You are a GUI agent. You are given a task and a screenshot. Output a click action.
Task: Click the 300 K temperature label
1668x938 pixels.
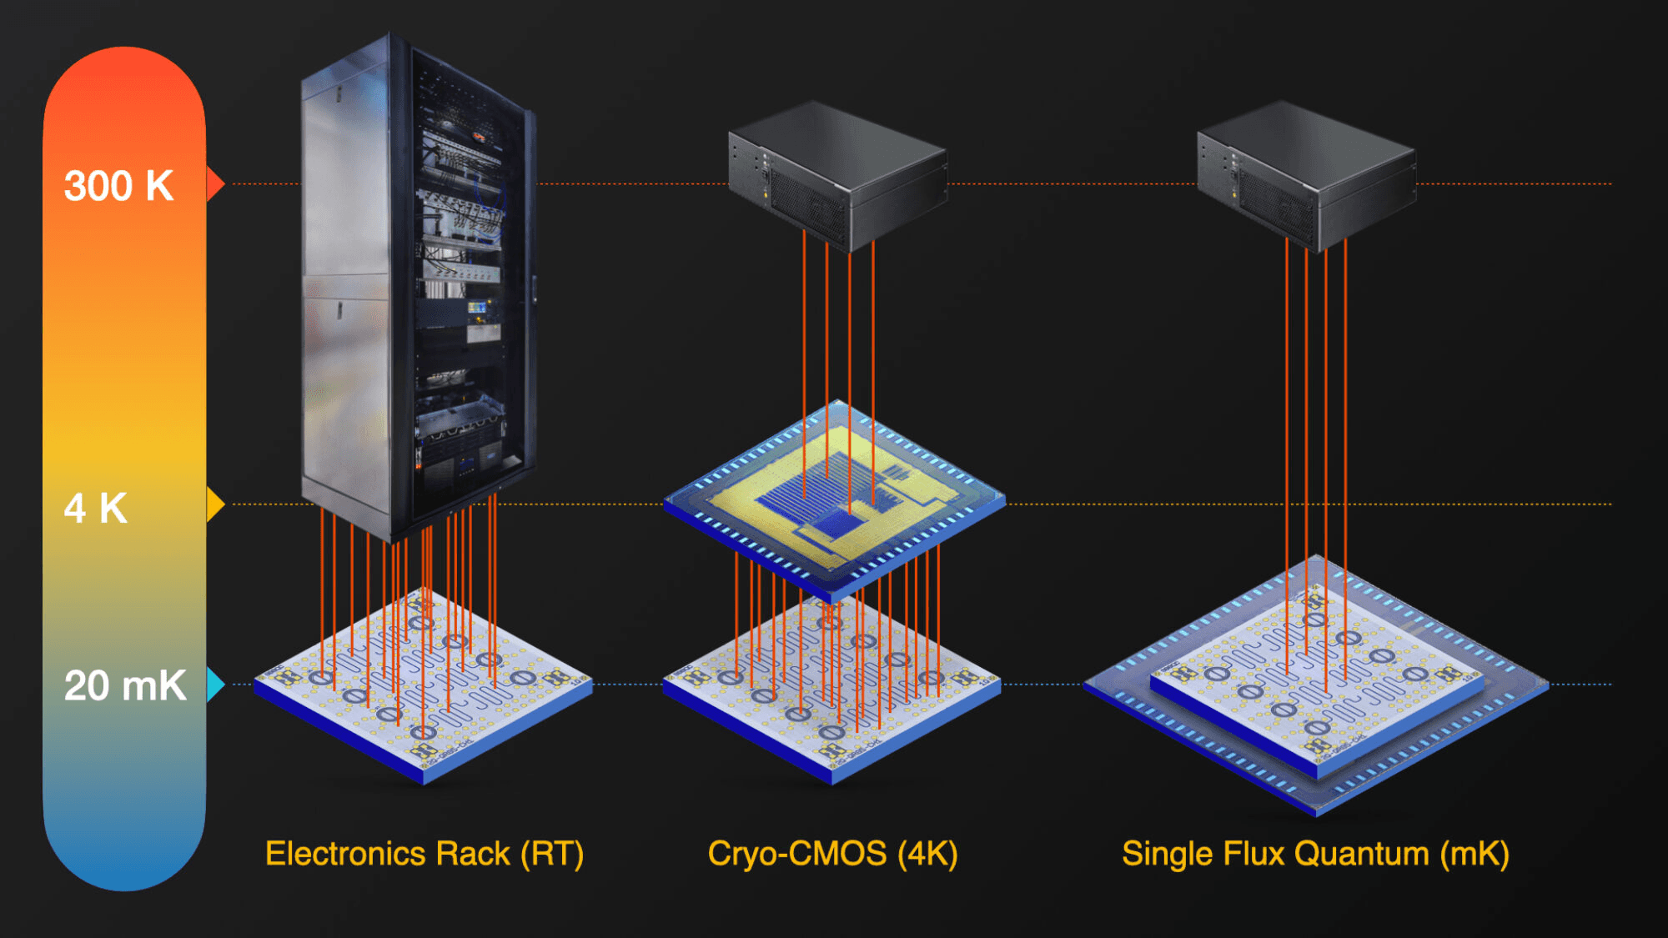point(118,185)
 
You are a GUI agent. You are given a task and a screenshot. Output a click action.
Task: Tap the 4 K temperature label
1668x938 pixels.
point(96,507)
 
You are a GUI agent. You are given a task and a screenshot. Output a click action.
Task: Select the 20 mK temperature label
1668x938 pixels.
point(125,685)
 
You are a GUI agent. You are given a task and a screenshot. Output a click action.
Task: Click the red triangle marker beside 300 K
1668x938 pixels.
point(214,183)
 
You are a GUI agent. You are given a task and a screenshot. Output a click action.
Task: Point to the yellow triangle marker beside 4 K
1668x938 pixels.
point(215,504)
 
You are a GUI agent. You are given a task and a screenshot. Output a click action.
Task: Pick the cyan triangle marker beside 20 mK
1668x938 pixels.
point(215,685)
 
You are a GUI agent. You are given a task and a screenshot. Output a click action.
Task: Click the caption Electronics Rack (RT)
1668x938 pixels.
point(424,854)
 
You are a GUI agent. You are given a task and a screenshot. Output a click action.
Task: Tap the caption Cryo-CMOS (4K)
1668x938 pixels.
point(832,854)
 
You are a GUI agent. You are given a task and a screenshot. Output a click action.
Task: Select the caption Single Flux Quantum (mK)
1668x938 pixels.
point(1315,854)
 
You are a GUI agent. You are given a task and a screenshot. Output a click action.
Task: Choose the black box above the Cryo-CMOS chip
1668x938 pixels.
point(837,175)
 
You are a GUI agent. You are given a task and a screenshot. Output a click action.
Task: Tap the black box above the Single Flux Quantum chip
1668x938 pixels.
point(1306,175)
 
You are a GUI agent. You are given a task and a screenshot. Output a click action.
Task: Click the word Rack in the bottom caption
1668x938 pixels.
point(473,854)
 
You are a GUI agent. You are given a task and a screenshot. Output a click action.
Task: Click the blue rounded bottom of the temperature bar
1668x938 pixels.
point(124,850)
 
